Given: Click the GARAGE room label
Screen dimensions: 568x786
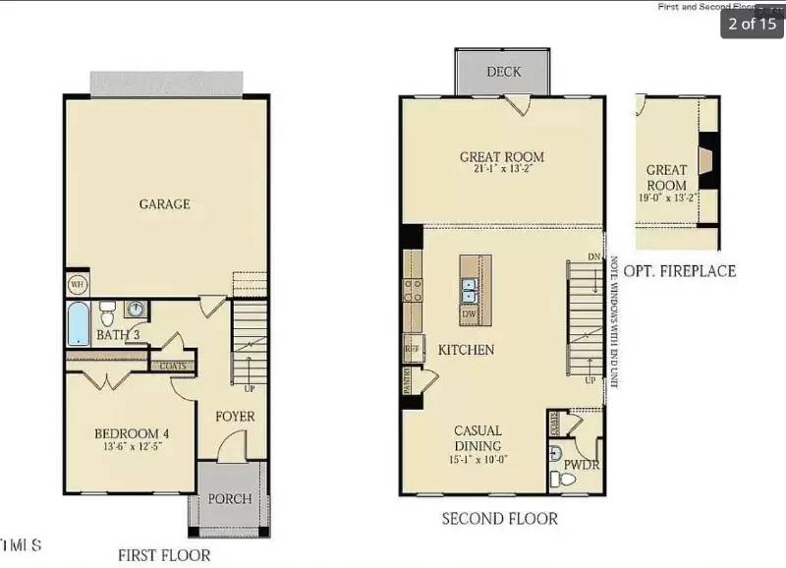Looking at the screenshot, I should pyautogui.click(x=164, y=204).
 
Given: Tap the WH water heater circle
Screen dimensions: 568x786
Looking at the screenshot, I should pyautogui.click(x=78, y=284).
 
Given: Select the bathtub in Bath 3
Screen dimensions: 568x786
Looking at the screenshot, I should pyautogui.click(x=79, y=323).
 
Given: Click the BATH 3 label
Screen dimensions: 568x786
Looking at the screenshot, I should pyautogui.click(x=119, y=336).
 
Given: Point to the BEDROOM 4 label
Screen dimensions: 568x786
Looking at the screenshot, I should pyautogui.click(x=132, y=433).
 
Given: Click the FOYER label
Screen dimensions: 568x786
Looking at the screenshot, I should pyautogui.click(x=235, y=416).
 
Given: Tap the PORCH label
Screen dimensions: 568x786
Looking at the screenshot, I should pyautogui.click(x=229, y=498).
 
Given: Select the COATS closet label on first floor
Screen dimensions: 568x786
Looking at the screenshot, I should pyautogui.click(x=173, y=366).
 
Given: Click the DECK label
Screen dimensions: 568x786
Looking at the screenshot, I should pyautogui.click(x=503, y=72).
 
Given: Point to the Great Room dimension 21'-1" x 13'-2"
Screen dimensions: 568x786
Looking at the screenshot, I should pyautogui.click(x=501, y=169).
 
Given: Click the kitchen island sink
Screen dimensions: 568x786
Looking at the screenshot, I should pyautogui.click(x=470, y=291).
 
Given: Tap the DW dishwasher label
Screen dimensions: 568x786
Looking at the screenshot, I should pyautogui.click(x=470, y=313).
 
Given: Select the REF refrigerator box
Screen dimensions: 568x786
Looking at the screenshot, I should pyautogui.click(x=413, y=347).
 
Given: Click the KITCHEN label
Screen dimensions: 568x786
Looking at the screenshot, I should pyautogui.click(x=466, y=350).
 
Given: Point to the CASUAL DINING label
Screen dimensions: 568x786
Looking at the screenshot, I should pyautogui.click(x=478, y=438).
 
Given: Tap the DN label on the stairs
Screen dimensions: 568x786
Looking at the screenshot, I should pyautogui.click(x=592, y=256).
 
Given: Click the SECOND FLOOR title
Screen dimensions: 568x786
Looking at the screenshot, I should pyautogui.click(x=499, y=518).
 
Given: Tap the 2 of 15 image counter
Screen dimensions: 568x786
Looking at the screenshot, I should pyautogui.click(x=752, y=24).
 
